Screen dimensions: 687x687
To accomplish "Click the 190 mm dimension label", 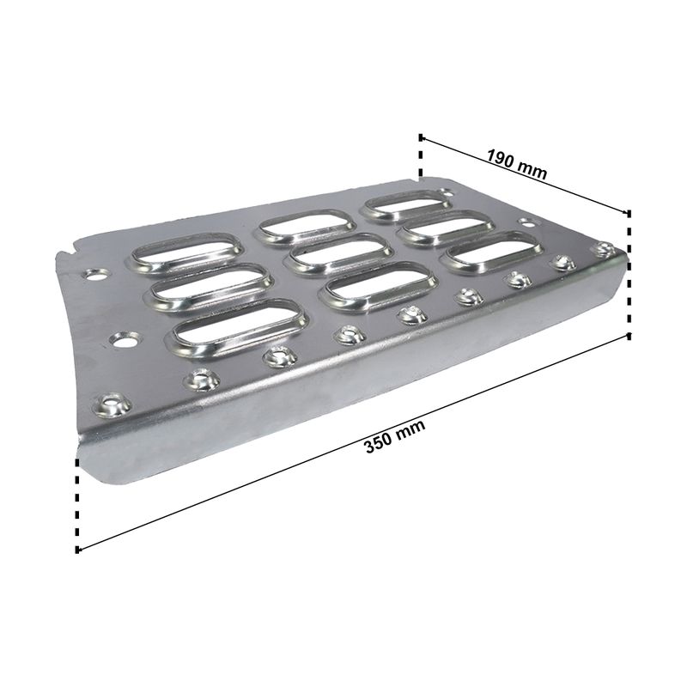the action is pos(517,165).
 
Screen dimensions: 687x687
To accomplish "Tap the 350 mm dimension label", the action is pos(395,436).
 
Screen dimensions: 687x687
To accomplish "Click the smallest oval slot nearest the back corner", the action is pos(406,204).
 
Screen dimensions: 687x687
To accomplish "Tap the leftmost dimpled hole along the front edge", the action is pos(112,404).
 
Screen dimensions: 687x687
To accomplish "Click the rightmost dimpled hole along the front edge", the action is pos(604,249).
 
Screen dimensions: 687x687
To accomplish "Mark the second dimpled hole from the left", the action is pos(201,380).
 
